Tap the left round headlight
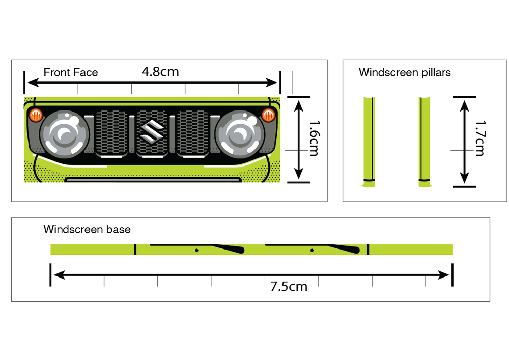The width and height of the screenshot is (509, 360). (64, 134)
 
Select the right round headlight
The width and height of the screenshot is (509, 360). (239, 134)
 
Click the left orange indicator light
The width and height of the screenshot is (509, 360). (36, 115)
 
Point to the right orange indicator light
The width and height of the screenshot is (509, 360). (268, 114)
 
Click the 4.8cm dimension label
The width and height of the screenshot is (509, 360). (160, 72)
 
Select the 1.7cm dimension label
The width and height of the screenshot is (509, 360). (479, 138)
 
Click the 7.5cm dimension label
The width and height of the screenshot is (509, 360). (289, 287)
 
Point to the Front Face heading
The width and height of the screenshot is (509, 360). (70, 73)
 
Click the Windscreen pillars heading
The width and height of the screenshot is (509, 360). (405, 72)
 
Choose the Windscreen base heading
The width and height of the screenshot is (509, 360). (87, 230)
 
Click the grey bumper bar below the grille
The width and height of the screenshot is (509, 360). (152, 180)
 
